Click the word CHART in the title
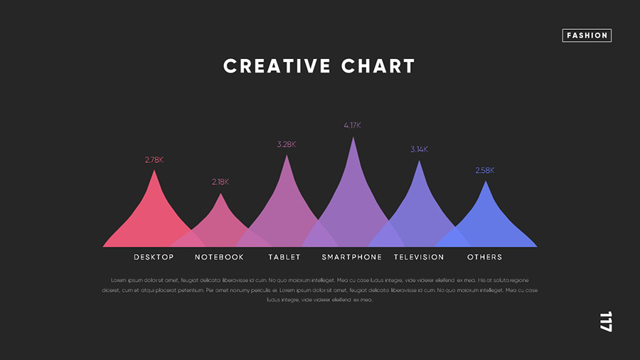(378, 66)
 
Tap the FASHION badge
(587, 35)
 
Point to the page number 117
(605, 322)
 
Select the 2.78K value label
(154, 160)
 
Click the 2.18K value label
(220, 182)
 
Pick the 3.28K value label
(287, 144)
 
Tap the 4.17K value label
(353, 125)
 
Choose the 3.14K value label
(419, 149)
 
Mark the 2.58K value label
(485, 171)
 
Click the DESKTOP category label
(154, 257)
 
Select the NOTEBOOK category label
(219, 257)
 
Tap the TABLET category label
(284, 257)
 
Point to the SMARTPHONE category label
(351, 257)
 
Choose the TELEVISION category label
(419, 257)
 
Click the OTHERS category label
(485, 257)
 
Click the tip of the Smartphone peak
(353, 137)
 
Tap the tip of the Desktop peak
(154, 171)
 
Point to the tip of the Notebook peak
(220, 194)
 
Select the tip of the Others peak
(486, 182)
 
